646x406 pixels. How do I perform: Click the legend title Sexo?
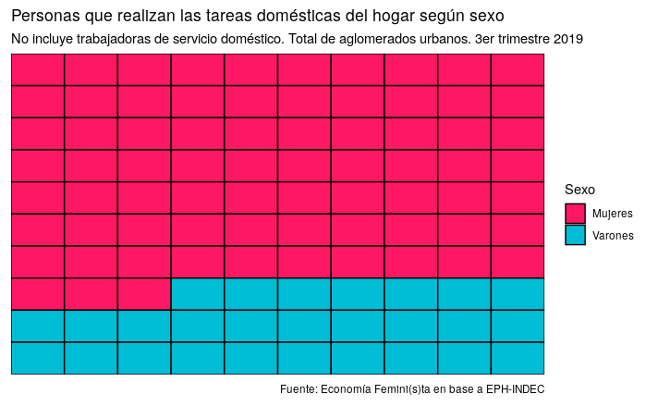click(579, 190)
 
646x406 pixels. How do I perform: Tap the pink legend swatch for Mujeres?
click(575, 214)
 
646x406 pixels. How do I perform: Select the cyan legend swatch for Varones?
click(575, 235)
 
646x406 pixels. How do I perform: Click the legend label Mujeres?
click(613, 214)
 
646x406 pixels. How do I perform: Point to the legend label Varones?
click(613, 235)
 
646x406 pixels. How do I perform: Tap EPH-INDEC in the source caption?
click(514, 388)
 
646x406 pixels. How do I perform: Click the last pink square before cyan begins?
click(144, 294)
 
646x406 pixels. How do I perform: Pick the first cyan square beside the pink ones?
click(198, 294)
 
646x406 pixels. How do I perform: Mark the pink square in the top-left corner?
click(38, 69)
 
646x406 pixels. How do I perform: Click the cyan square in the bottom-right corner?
click(518, 358)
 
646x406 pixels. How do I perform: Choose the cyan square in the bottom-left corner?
click(38, 358)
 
